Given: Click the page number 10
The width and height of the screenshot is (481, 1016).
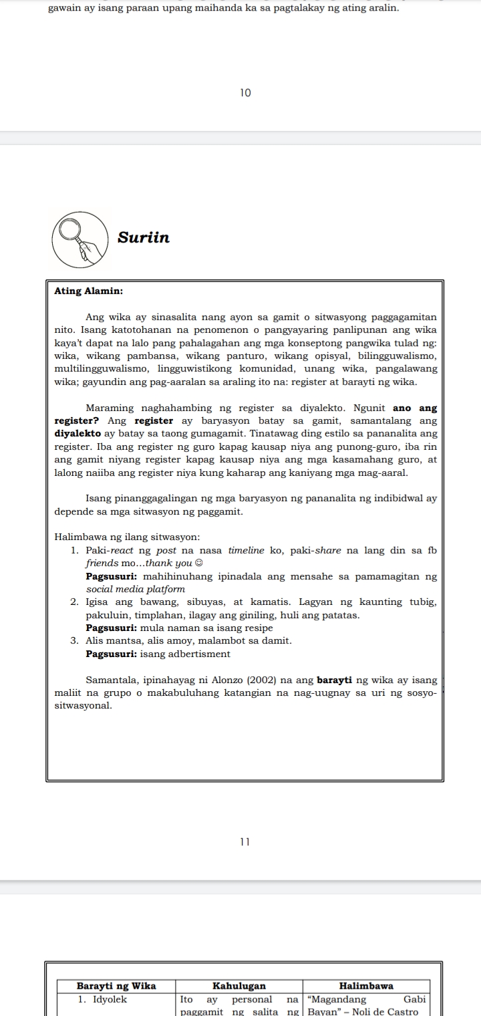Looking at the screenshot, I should [x=245, y=93].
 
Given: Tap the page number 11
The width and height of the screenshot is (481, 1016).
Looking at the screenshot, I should [x=245, y=842].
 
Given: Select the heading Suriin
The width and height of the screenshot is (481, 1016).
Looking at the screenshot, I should [x=144, y=238].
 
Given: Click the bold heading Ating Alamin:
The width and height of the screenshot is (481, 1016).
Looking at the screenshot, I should [x=88, y=291].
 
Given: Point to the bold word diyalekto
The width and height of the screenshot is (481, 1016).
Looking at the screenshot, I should [x=78, y=434].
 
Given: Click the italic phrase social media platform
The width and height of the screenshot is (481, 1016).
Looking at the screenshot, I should [x=136, y=589].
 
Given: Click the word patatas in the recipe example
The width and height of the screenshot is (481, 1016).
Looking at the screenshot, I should [x=341, y=615].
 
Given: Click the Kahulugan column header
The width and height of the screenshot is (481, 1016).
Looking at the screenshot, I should [x=238, y=986].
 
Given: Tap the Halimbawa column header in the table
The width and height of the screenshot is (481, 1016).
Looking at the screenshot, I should [x=366, y=986].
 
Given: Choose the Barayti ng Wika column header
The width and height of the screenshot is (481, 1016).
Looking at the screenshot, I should [x=116, y=986].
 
